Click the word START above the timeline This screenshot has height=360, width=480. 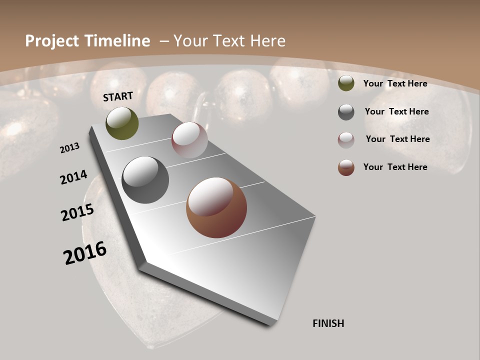pos(118,96)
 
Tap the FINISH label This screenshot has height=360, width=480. pos(328,323)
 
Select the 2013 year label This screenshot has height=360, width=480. pos(70,148)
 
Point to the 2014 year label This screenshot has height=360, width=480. pos(74,177)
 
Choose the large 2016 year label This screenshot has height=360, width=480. pos(85,253)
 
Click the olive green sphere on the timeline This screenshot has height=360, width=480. pos(122,123)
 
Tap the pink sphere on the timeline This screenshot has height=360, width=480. pos(189,140)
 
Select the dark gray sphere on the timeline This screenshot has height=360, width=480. pos(145,180)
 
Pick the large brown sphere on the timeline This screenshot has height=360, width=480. pos(216,207)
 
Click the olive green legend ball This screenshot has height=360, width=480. pos(346,83)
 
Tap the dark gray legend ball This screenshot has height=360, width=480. pos(346,112)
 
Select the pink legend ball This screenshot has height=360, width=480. pos(346,140)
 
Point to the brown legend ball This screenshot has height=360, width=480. pos(346,167)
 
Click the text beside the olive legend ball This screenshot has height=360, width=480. pos(395,83)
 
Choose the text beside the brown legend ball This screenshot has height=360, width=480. pos(395,167)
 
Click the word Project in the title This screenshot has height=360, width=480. pos(52,41)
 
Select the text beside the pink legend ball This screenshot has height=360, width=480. pos(397,139)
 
